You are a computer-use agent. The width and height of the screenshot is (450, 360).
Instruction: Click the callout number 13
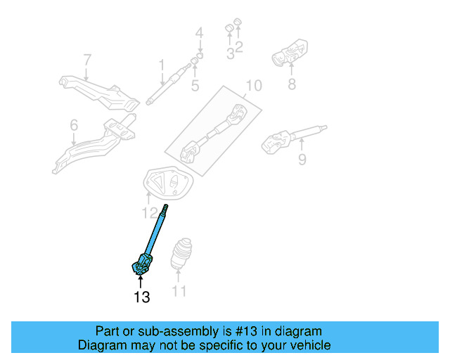[141, 297]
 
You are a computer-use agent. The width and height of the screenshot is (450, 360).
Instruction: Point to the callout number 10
[253, 86]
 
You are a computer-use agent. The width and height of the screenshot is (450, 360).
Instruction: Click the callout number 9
[302, 160]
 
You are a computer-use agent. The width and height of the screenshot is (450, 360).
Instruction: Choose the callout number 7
[87, 60]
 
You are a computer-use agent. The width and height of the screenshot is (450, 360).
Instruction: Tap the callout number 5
[195, 86]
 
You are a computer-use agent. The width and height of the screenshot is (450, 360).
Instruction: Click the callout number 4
[199, 32]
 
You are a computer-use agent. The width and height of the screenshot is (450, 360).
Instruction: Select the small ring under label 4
[200, 55]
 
